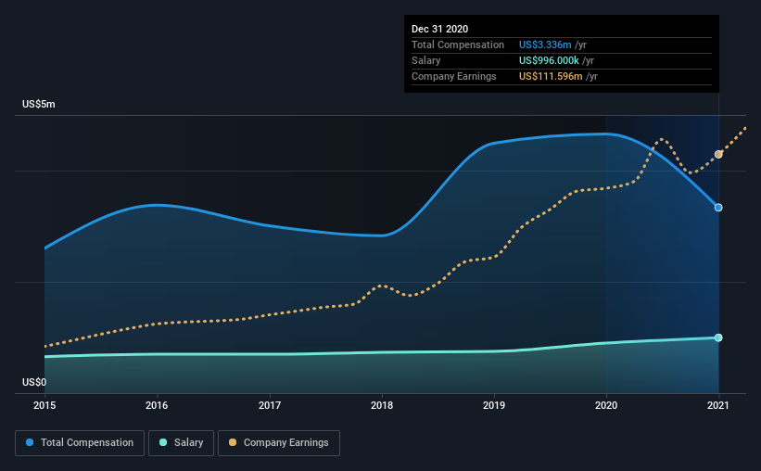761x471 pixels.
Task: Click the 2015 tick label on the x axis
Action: click(x=44, y=405)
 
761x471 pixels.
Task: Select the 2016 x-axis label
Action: click(x=157, y=405)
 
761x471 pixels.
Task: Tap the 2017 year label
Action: click(x=270, y=405)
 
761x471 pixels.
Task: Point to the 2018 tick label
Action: click(x=382, y=405)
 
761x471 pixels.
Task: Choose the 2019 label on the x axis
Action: click(x=494, y=405)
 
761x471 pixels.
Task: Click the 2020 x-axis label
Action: click(x=606, y=405)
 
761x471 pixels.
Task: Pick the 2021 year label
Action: click(x=718, y=405)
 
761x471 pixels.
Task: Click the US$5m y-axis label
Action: click(x=39, y=105)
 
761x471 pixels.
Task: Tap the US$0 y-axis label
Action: click(x=34, y=383)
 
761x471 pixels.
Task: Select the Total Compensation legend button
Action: click(x=80, y=443)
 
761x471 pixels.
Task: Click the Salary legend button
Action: click(x=181, y=443)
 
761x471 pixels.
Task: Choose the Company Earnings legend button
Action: click(x=279, y=443)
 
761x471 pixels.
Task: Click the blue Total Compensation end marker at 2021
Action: click(x=718, y=208)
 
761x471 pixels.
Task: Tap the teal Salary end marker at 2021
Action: click(x=718, y=337)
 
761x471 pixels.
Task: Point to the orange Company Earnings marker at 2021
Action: click(x=718, y=155)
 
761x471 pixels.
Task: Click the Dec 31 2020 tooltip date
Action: click(x=439, y=29)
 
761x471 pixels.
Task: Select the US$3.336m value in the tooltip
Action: click(x=545, y=45)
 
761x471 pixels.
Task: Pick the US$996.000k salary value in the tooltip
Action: click(x=549, y=60)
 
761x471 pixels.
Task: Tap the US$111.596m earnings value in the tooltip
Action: click(x=551, y=76)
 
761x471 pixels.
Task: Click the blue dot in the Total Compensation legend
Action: click(x=30, y=442)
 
